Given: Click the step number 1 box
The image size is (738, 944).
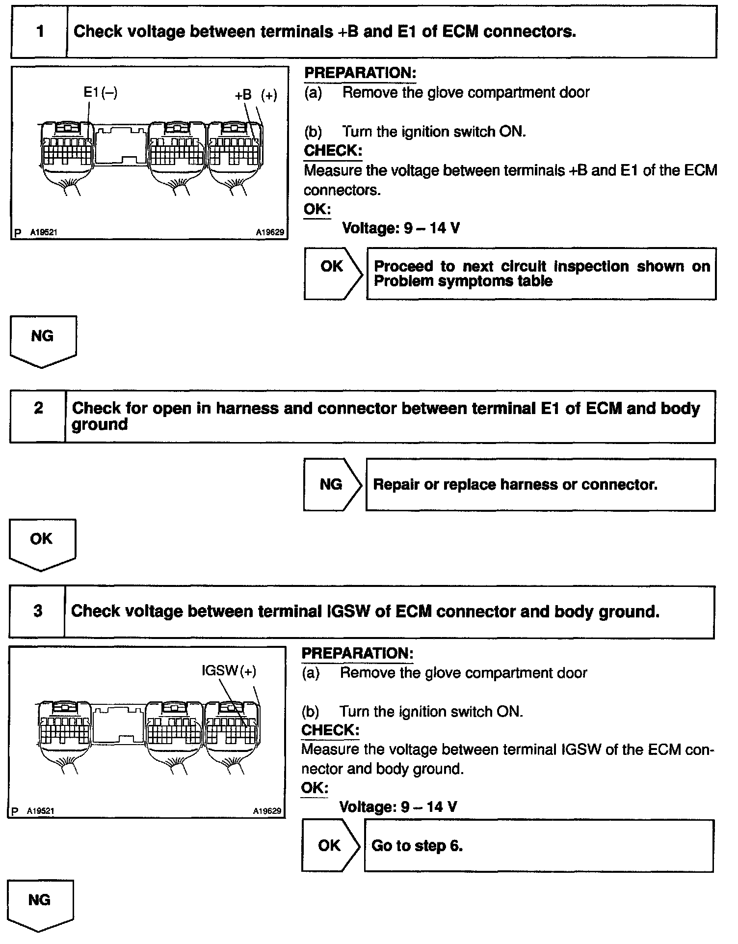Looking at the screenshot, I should point(39,32).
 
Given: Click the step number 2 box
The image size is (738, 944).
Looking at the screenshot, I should point(38,416).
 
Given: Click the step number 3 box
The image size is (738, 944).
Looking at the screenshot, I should point(37,611).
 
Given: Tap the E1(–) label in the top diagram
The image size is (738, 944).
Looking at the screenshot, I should point(100,92).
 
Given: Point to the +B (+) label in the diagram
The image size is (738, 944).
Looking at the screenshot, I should point(256,95).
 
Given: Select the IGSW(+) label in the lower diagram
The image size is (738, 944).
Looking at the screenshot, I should point(229,671).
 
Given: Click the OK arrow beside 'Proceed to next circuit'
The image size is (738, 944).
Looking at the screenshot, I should point(332,274).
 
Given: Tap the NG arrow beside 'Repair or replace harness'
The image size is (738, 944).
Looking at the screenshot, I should point(331,485).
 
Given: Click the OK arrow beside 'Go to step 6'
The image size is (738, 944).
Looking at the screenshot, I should point(330,846).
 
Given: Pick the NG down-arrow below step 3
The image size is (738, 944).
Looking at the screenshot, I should point(40,904).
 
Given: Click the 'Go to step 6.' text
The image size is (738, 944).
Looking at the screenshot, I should point(417,846).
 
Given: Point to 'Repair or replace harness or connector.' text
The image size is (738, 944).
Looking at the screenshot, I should point(515,485).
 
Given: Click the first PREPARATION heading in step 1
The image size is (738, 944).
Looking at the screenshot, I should point(360,73).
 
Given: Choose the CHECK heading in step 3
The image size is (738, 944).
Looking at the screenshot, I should point(330,730).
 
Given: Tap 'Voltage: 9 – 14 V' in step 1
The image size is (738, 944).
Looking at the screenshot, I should point(400,228).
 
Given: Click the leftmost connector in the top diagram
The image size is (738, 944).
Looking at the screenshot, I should point(66,147).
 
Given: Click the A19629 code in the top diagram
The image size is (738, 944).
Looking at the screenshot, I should point(269,232).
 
